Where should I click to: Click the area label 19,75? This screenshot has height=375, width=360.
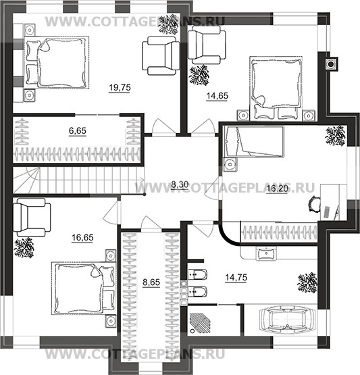click(x=120, y=88)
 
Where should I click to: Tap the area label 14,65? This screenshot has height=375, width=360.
click(x=217, y=96)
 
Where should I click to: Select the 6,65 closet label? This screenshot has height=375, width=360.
click(x=78, y=131)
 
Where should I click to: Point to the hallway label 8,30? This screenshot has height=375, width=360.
click(x=180, y=184)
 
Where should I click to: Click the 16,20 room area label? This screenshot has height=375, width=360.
click(x=278, y=189)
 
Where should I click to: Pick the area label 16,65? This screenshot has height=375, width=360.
click(x=82, y=237)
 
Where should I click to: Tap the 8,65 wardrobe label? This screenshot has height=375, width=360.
click(x=151, y=282)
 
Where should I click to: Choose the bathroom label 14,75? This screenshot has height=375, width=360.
click(x=236, y=278)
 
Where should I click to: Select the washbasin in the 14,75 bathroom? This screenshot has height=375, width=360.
click(x=266, y=253)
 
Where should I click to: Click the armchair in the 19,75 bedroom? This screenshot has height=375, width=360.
click(x=161, y=55)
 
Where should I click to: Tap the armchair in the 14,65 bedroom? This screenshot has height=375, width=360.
click(x=207, y=45)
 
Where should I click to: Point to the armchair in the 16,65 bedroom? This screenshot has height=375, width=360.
click(x=32, y=217)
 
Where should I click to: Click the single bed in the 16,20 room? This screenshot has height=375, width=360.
click(x=254, y=142)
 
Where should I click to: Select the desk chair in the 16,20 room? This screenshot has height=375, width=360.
click(x=314, y=204)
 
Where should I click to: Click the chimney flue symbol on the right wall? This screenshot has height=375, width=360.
click(x=331, y=64)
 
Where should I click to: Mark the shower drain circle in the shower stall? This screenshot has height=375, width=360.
click(x=192, y=331)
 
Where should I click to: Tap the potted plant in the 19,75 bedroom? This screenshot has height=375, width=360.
click(x=169, y=24)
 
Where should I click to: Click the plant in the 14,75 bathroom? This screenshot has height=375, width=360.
click(x=307, y=282)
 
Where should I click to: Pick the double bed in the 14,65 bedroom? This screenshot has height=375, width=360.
click(x=276, y=89)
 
